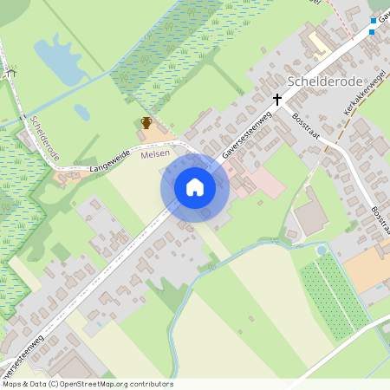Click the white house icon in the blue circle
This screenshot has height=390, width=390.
(x=195, y=187)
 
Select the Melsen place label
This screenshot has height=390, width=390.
(x=155, y=153)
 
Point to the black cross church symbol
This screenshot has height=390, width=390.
(x=278, y=100)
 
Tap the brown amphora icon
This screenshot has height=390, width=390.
(x=146, y=123)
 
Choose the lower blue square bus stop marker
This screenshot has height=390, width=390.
(x=372, y=31)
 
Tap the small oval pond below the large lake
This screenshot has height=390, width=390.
(x=81, y=113)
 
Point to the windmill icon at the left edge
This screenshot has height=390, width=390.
(x=11, y=74)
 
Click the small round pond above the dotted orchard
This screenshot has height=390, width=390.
(x=322, y=250)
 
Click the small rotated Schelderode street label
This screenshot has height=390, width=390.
(x=44, y=139)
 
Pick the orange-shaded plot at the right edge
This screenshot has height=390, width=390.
(x=368, y=269)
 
